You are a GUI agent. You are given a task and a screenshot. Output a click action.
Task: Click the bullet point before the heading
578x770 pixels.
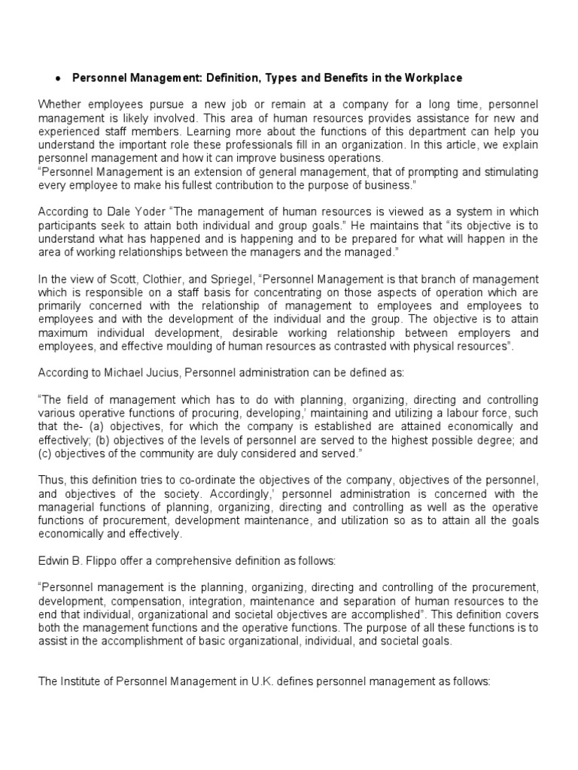58,79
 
